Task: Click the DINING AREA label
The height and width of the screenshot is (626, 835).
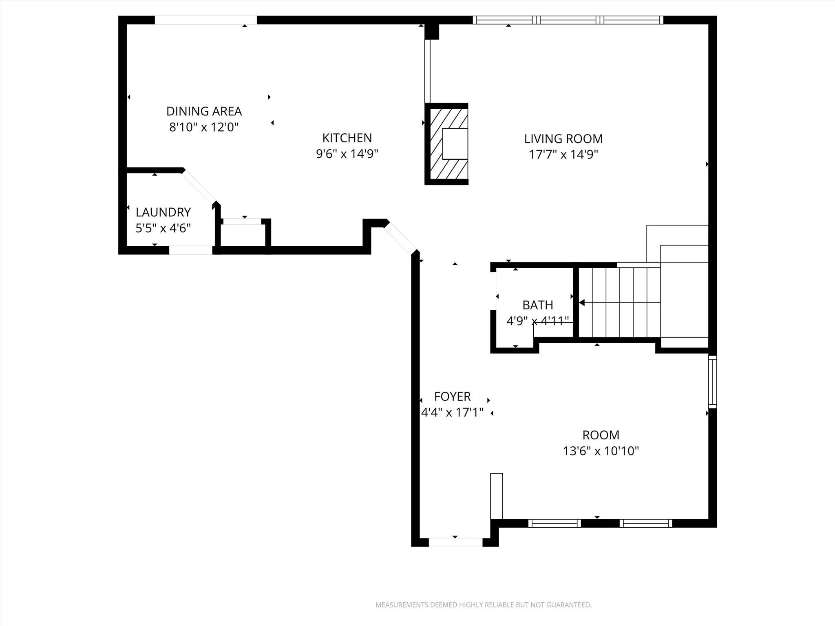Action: click(204, 111)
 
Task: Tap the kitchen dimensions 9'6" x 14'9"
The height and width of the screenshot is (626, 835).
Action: click(347, 154)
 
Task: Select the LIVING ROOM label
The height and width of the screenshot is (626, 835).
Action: click(563, 139)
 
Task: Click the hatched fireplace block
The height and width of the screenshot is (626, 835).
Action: click(446, 144)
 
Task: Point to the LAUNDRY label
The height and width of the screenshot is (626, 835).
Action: click(163, 212)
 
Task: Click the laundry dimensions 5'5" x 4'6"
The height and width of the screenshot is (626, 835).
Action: click(163, 228)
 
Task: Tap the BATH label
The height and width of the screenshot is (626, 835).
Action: click(537, 305)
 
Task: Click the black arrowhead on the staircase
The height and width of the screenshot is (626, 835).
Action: click(582, 302)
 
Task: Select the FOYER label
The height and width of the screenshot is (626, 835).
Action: click(452, 397)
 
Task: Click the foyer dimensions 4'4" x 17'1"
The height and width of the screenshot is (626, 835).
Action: click(452, 413)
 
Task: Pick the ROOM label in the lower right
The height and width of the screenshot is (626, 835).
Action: click(601, 435)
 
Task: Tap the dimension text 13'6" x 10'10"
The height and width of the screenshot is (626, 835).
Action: click(601, 451)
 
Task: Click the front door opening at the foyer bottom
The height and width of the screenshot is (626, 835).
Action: click(455, 542)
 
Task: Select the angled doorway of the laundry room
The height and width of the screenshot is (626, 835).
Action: click(199, 186)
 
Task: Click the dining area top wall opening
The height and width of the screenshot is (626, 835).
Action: click(205, 20)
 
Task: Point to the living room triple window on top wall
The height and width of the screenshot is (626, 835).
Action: click(568, 20)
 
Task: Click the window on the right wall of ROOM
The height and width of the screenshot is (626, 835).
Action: click(712, 381)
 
